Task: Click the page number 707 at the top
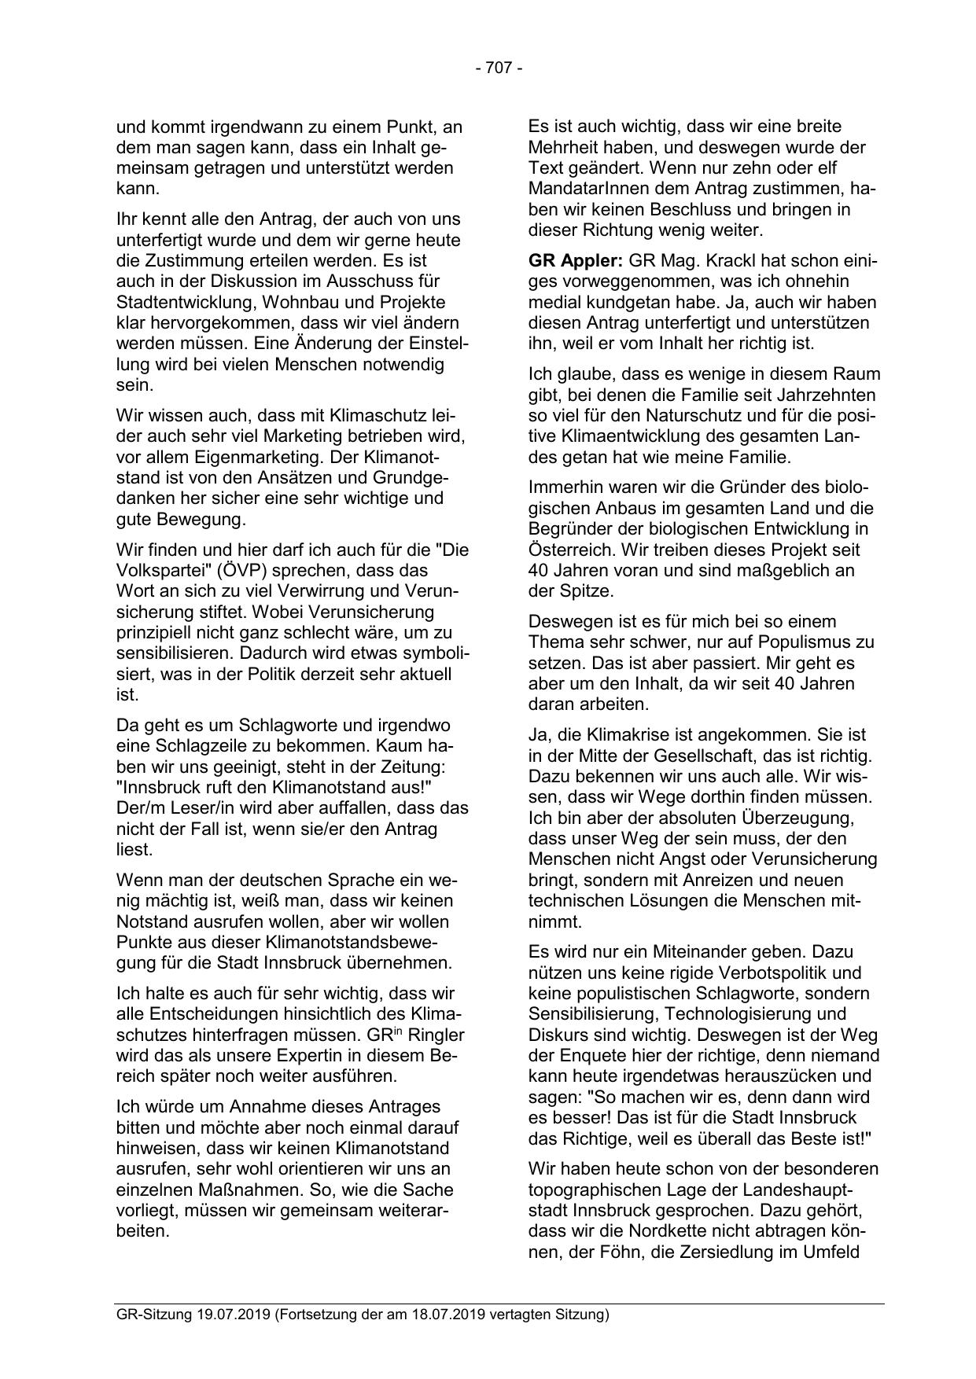(499, 68)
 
